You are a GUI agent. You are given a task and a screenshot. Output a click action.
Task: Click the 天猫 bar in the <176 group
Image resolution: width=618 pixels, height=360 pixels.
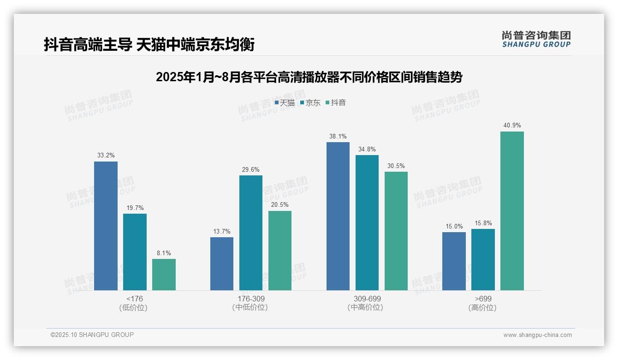pyautogui.click(x=106, y=226)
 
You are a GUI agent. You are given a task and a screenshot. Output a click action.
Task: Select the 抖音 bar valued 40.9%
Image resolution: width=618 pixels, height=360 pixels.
pyautogui.click(x=512, y=211)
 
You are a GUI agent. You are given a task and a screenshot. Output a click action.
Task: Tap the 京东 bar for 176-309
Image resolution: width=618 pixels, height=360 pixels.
pyautogui.click(x=250, y=233)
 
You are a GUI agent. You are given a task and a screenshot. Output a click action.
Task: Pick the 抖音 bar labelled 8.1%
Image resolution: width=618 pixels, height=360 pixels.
pyautogui.click(x=164, y=275)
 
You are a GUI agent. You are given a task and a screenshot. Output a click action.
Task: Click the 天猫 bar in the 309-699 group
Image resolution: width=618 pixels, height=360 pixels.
pyautogui.click(x=338, y=216)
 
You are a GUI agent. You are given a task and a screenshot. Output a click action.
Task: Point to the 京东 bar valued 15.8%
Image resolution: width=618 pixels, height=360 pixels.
pyautogui.click(x=483, y=259)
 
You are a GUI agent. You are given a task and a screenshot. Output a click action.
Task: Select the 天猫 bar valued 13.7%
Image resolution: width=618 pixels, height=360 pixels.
pyautogui.click(x=222, y=264)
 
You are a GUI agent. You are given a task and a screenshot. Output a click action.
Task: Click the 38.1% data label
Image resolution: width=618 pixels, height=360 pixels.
pyautogui.click(x=338, y=137)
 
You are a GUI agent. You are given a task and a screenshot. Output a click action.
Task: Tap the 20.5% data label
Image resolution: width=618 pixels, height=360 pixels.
pyautogui.click(x=280, y=205)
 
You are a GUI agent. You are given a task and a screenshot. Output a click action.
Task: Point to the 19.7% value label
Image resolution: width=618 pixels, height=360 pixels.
pyautogui.click(x=135, y=208)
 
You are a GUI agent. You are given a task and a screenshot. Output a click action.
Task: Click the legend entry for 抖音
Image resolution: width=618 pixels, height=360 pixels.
pyautogui.click(x=336, y=103)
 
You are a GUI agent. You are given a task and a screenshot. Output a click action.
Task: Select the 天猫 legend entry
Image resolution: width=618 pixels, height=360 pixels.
pyautogui.click(x=285, y=103)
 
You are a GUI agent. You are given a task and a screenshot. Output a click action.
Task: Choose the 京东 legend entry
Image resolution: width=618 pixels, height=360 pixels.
pyautogui.click(x=310, y=103)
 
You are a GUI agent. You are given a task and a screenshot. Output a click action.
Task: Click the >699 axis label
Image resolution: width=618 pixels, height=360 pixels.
pyautogui.click(x=483, y=299)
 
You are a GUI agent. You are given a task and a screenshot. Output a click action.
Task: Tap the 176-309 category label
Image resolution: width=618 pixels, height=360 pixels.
pyautogui.click(x=250, y=299)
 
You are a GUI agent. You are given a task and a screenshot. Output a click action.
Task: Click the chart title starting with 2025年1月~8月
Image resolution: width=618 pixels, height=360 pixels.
pyautogui.click(x=309, y=77)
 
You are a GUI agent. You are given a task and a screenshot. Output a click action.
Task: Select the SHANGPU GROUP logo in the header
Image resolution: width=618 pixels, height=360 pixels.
pyautogui.click(x=536, y=39)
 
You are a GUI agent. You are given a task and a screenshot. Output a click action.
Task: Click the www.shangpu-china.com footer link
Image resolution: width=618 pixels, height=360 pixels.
pyautogui.click(x=537, y=335)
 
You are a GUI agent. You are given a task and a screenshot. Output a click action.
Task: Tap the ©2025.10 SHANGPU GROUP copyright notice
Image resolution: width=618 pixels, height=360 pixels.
pyautogui.click(x=92, y=335)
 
